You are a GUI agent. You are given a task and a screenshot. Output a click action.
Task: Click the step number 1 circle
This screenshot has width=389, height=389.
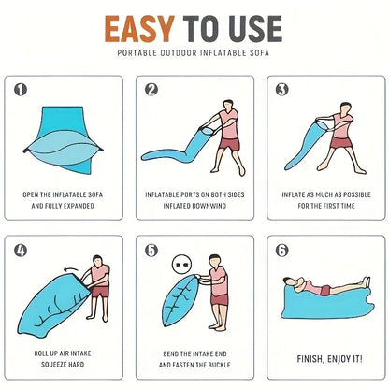22,90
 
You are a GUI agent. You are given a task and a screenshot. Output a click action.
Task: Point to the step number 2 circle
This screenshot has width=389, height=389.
151,90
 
